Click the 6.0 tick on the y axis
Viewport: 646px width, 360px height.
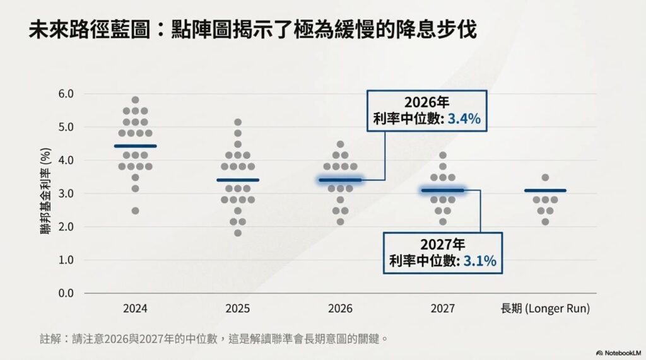click(x=66, y=94)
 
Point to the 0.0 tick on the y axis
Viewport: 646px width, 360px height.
click(x=66, y=293)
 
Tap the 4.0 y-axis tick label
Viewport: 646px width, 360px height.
click(x=66, y=160)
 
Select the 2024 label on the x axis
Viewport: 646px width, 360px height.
click(x=136, y=309)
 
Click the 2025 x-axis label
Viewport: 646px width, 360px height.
click(x=237, y=309)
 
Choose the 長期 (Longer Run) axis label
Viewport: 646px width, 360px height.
click(x=545, y=309)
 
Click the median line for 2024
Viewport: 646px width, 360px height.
click(x=136, y=146)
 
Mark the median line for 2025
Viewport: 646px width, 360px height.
click(x=237, y=180)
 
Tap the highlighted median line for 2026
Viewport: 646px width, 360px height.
click(x=340, y=180)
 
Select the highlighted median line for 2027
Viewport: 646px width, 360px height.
click(x=442, y=190)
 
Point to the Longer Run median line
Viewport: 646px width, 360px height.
click(x=545, y=190)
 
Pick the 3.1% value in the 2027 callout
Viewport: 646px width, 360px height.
click(x=479, y=261)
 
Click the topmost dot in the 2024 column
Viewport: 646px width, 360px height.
click(x=135, y=100)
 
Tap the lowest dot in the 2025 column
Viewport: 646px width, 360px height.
click(x=237, y=233)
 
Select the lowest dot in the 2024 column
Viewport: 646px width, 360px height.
click(x=135, y=211)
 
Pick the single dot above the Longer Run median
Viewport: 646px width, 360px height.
click(x=545, y=178)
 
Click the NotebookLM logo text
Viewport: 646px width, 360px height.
click(x=621, y=352)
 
